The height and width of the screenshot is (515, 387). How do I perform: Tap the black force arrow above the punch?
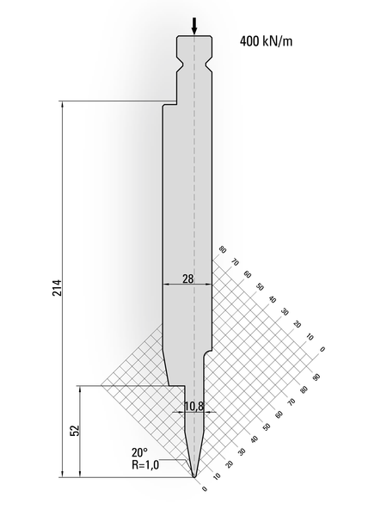pos(194,27)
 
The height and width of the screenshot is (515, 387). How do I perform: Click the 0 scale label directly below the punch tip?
pos(205,490)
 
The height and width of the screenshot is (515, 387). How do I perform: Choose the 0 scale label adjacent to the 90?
pos(321,349)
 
